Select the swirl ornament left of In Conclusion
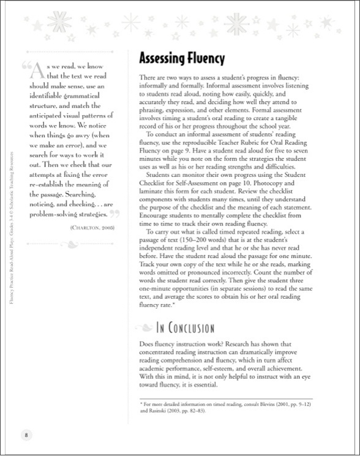(146, 327)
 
